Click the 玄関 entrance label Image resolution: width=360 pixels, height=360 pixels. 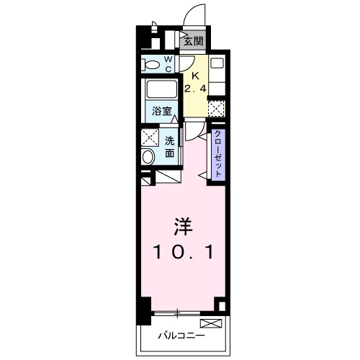(x=192, y=41)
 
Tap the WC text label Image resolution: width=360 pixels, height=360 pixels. (x=167, y=64)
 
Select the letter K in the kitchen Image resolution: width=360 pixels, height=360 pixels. (x=194, y=75)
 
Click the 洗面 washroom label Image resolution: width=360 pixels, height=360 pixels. (x=170, y=146)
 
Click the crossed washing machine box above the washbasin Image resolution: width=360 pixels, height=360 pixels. (x=149, y=136)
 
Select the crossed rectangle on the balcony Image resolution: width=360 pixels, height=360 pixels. (x=210, y=323)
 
